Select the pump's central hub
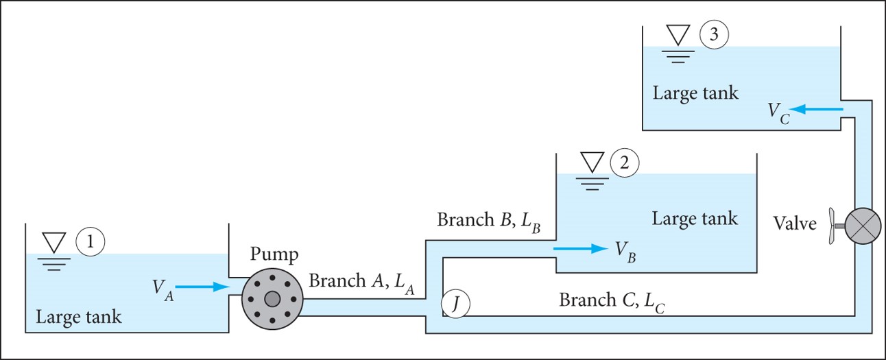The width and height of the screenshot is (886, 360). point(272,298)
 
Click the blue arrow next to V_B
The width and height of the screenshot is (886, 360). point(579,248)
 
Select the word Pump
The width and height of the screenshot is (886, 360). point(274,255)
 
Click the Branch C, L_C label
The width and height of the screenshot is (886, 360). point(612,300)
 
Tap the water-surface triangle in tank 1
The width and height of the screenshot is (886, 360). point(53,242)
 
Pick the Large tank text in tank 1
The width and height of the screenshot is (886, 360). point(78,317)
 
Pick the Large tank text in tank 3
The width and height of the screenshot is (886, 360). point(695,93)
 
